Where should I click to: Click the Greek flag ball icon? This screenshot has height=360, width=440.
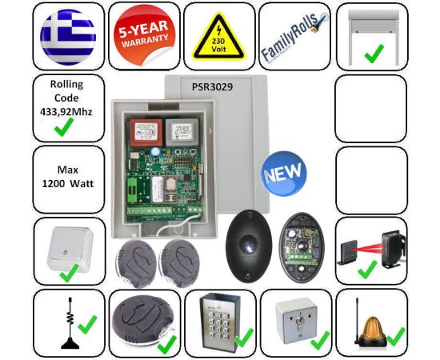point(68,37)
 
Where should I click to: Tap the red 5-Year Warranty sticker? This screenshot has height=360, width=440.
point(144,34)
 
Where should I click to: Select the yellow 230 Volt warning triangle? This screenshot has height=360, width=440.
point(218,36)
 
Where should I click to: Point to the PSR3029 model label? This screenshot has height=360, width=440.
point(213,87)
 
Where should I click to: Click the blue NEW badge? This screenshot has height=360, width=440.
point(284,174)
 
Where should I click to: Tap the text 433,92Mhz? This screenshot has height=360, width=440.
point(66,112)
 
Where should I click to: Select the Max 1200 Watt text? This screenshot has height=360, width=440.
point(68,177)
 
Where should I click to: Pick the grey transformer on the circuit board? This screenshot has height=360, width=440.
point(182,132)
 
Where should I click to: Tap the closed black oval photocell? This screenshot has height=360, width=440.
point(248,246)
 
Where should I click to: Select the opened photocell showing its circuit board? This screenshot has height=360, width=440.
point(301,246)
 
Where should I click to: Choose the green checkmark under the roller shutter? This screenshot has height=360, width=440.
point(374,54)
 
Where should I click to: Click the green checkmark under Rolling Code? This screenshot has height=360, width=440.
point(64,127)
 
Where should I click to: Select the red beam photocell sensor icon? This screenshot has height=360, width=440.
point(372,248)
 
